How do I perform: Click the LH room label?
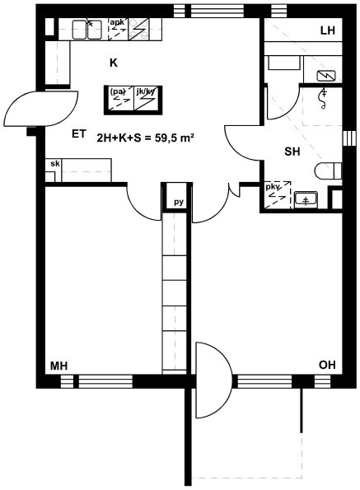click(x=328, y=30)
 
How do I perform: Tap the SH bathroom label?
click(x=292, y=152)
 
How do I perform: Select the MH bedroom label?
click(x=58, y=366)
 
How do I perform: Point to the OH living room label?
click(x=327, y=365)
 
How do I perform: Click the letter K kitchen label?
click(x=114, y=63)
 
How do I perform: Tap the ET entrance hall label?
click(x=79, y=134)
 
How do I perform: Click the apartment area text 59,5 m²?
click(x=175, y=138)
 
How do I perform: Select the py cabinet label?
click(x=179, y=203)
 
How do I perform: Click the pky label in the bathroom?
click(x=272, y=187)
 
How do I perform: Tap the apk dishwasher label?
click(x=117, y=22)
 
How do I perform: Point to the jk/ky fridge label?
click(x=145, y=91)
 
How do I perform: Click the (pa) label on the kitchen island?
click(x=118, y=91)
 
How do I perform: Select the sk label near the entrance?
click(x=55, y=163)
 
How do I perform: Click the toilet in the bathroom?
click(x=328, y=171)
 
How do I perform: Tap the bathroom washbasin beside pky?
click(x=306, y=199)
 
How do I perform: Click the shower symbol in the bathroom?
click(x=324, y=99)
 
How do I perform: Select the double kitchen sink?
click(x=86, y=30)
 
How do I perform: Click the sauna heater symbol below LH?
click(x=326, y=76)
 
